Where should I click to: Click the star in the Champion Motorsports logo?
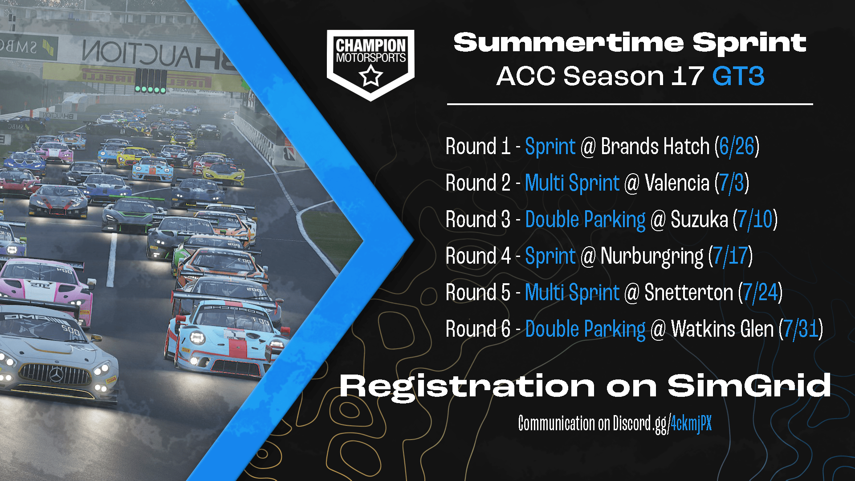[370, 76]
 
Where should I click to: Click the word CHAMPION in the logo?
[370, 45]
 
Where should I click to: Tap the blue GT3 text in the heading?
[738, 76]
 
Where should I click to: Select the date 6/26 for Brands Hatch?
[737, 147]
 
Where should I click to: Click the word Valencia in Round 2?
[677, 183]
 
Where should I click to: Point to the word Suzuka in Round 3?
[699, 220]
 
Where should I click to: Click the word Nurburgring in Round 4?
[652, 256]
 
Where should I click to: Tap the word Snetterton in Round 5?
[688, 293]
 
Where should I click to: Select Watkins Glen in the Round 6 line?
[722, 329]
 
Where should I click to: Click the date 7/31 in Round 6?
[801, 329]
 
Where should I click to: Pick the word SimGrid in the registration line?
[749, 386]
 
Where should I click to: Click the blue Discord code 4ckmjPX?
[691, 423]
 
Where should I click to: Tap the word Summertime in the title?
[568, 43]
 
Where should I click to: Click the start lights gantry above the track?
[151, 81]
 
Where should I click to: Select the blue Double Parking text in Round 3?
[585, 220]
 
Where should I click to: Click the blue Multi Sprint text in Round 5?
[572, 293]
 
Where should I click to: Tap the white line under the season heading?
[630, 104]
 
